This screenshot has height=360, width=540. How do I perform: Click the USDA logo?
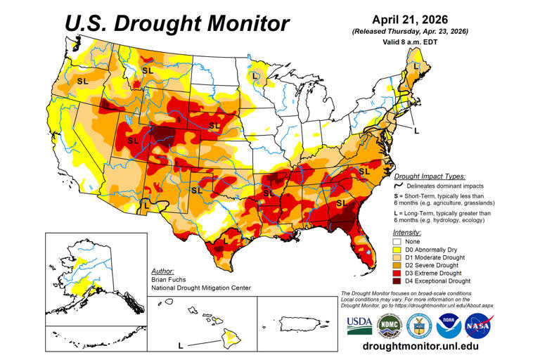pyautogui.click(x=359, y=324)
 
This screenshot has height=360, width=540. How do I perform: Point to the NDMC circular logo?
pyautogui.click(x=388, y=324)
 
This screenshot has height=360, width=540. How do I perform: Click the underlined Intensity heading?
pyautogui.click(x=408, y=231)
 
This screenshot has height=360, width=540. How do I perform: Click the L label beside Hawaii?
pyautogui.click(x=180, y=345)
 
